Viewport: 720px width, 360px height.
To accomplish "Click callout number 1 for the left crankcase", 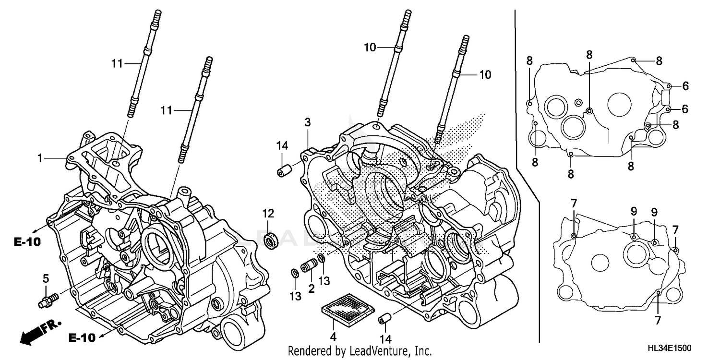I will pos(41,157).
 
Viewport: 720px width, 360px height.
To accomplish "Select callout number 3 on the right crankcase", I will pos(307,123).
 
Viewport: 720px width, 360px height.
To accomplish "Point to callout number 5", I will pos(46,278).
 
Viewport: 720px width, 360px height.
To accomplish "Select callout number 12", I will pos(268,213).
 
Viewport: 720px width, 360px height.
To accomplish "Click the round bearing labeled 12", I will pos(273,240).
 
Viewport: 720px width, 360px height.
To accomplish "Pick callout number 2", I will pos(311,289).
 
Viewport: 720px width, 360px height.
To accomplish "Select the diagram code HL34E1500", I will pos(673,347).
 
